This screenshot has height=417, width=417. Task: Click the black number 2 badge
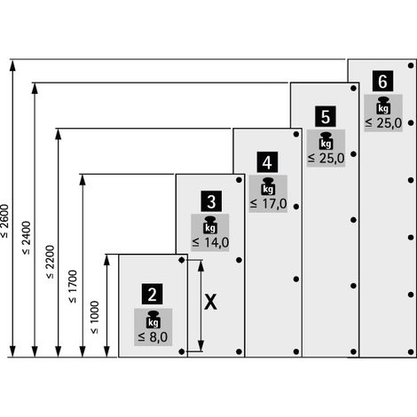coord(152,294)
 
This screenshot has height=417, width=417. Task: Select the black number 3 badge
coord(211,201)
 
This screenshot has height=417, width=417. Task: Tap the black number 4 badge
coord(267,162)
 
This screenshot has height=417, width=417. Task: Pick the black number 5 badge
coord(326,116)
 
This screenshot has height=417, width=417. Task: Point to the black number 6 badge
coord(382,81)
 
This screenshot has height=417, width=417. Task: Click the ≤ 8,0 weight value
coord(153,337)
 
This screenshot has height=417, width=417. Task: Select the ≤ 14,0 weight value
coord(210,242)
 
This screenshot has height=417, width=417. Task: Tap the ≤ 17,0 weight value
coord(269,204)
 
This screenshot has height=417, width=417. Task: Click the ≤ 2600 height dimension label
coord(5,221)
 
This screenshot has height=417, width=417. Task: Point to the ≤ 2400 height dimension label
coord(26,238)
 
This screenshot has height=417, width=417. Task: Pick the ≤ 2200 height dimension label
coord(50,262)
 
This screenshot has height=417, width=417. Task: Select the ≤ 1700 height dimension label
coord(72,287)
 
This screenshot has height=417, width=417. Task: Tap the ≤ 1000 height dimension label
coord(94,318)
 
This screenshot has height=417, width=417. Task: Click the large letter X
coord(210,303)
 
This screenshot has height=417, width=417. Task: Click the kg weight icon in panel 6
coord(383,106)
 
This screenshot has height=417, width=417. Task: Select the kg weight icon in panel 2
coord(153,319)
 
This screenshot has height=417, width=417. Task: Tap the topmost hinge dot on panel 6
coord(411,66)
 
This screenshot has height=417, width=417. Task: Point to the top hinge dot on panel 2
coord(182,260)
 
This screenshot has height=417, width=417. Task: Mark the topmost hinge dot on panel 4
coord(296,134)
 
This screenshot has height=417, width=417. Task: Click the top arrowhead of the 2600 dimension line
coord(12,65)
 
